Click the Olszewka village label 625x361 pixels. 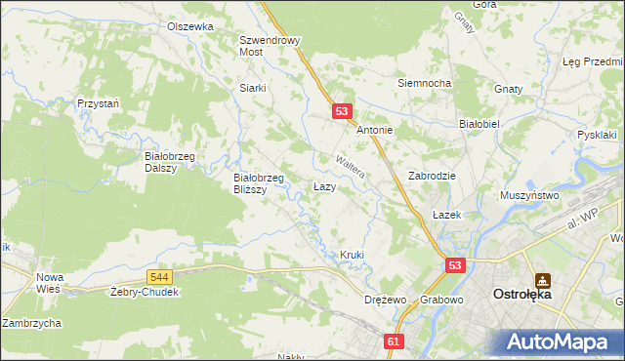(x=189, y=26)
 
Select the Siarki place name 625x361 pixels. (x=253, y=87)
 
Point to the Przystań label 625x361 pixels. (x=98, y=103)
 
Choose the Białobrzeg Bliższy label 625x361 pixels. (x=259, y=183)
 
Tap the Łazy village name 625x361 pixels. (x=325, y=185)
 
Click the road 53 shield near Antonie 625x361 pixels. (x=341, y=112)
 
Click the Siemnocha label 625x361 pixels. (x=423, y=83)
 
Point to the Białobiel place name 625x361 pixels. (x=479, y=124)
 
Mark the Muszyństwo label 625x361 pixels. (x=529, y=195)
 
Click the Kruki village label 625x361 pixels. (x=352, y=255)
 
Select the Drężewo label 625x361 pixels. (x=384, y=300)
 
